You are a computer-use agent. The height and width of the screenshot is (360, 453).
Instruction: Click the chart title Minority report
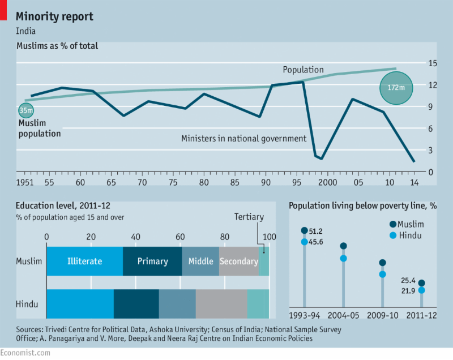coord(54,16)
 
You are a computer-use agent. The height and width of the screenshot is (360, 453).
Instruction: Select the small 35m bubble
coord(25,110)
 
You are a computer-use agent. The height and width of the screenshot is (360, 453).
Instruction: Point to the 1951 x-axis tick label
coord(25,182)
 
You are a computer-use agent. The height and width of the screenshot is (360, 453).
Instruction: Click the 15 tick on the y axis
coord(431,63)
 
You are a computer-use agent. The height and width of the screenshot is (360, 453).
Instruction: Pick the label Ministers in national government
coord(243,138)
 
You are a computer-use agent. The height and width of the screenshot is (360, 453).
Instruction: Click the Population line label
coord(303,70)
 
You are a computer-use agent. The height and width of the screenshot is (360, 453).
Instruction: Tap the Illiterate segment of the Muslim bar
coord(84,261)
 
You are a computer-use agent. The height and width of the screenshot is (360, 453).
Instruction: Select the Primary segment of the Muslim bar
coord(152,261)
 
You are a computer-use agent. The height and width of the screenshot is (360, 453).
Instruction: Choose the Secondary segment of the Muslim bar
coord(238,261)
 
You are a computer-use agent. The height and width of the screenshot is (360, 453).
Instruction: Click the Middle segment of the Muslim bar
coord(200,261)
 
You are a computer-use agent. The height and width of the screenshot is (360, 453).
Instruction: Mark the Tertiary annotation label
coord(249,217)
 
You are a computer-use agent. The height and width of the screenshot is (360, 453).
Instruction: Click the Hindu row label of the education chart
coord(27,304)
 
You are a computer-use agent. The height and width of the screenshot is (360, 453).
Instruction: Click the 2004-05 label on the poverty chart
coord(343,315)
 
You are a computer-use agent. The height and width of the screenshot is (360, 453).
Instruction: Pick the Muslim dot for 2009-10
coord(382,263)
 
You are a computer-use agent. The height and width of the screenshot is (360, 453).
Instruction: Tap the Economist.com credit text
coord(25,352)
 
